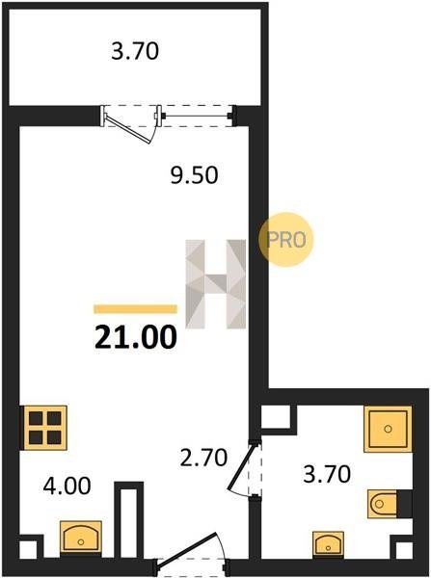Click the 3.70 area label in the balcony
[135, 51]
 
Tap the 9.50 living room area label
[194, 174]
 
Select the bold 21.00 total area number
[136, 338]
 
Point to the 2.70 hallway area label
[203, 458]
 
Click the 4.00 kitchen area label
[67, 486]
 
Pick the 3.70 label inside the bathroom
[327, 474]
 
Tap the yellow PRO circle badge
[286, 240]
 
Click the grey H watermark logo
[216, 284]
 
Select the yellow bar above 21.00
[135, 309]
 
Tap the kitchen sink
[81, 538]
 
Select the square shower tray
[388, 429]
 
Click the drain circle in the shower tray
[388, 429]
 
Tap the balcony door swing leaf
[128, 129]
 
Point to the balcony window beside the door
[196, 117]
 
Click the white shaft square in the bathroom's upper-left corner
[275, 417]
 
